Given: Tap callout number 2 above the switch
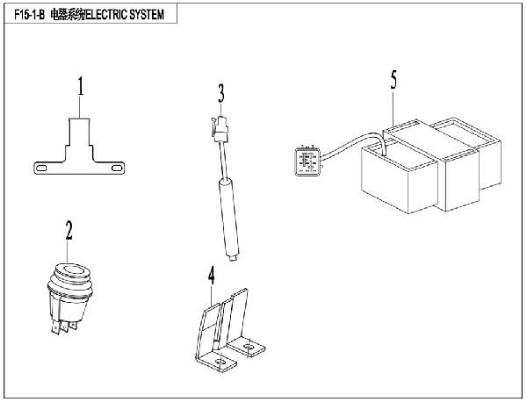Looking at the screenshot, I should [x=69, y=232].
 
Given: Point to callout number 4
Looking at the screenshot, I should [x=211, y=276].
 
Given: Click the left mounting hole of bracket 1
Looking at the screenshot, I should [x=40, y=166].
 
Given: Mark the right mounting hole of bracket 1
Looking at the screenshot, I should [x=115, y=166].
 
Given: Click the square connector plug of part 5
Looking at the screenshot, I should [x=307, y=162].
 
